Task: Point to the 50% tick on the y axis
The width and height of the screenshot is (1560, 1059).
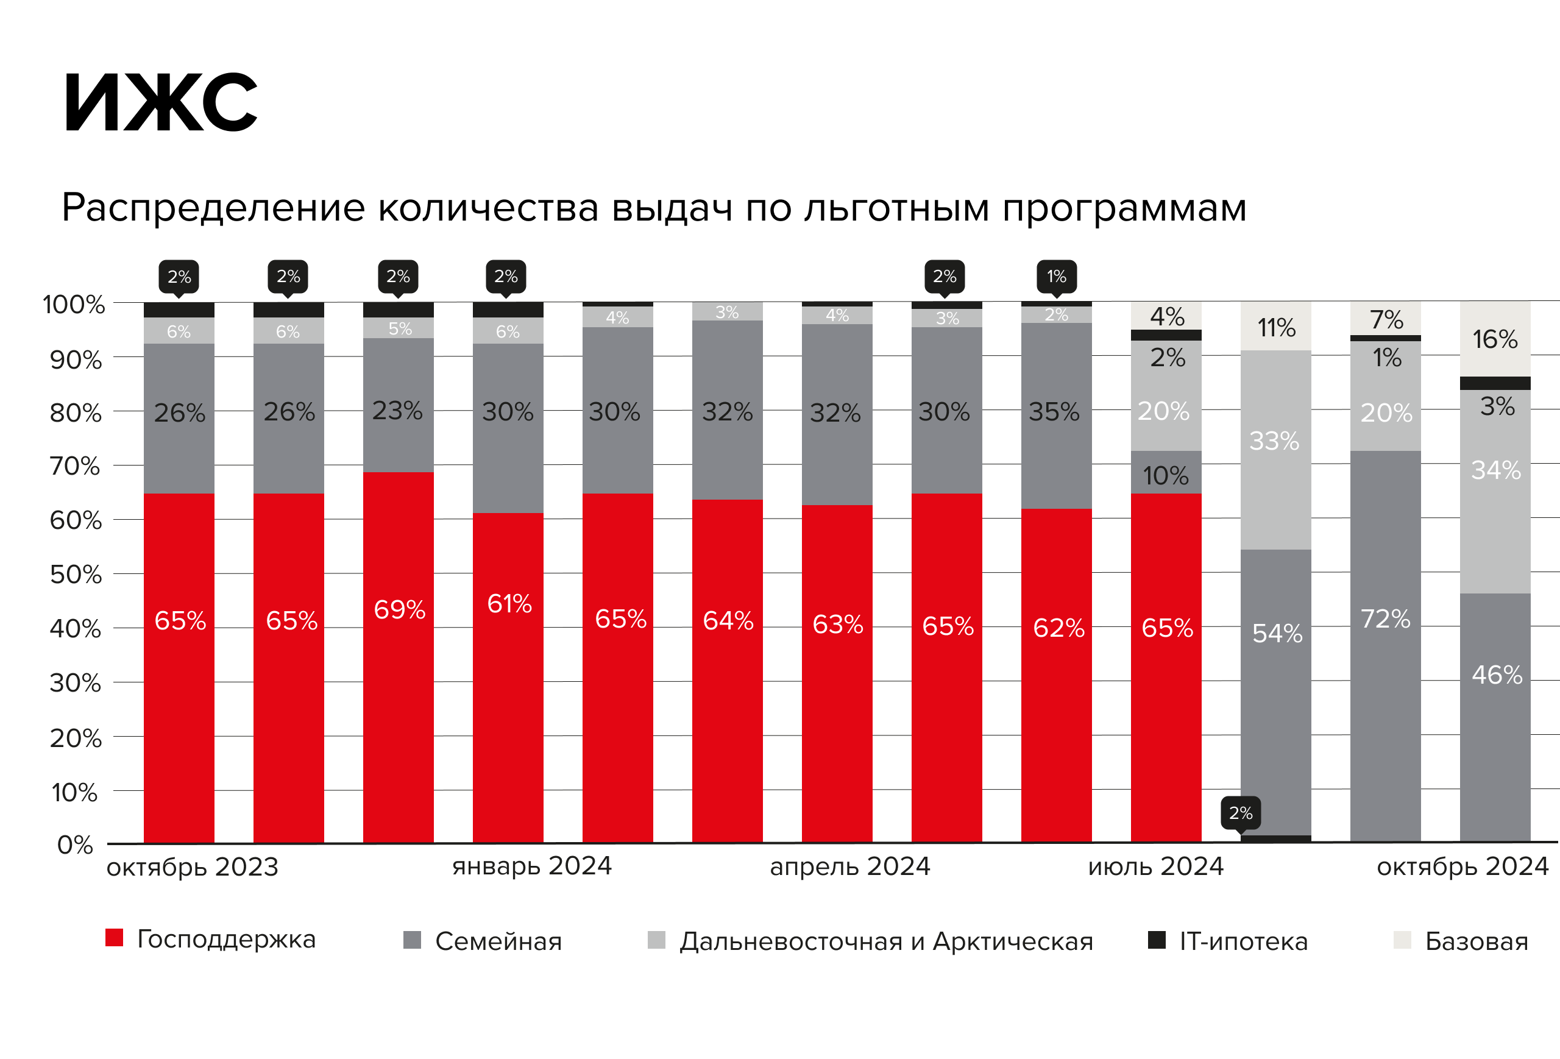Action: tap(76, 575)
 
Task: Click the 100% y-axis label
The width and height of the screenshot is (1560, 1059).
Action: tap(74, 305)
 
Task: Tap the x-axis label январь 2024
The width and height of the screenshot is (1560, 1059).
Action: tap(531, 866)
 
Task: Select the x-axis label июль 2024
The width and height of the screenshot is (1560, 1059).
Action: tap(1156, 867)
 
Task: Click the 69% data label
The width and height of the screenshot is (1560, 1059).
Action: tap(399, 610)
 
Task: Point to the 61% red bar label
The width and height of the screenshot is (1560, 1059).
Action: tap(509, 604)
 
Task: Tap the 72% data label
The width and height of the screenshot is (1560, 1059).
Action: tap(1386, 618)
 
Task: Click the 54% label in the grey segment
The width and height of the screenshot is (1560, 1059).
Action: tap(1277, 634)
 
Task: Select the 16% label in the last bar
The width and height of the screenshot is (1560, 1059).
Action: tap(1495, 339)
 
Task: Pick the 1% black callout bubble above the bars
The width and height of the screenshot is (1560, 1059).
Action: tap(1057, 277)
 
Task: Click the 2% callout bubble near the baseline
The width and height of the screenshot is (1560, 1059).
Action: tap(1241, 814)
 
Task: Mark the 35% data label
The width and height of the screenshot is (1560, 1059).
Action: tap(1054, 412)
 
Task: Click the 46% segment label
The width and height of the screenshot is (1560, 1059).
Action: tap(1497, 675)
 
